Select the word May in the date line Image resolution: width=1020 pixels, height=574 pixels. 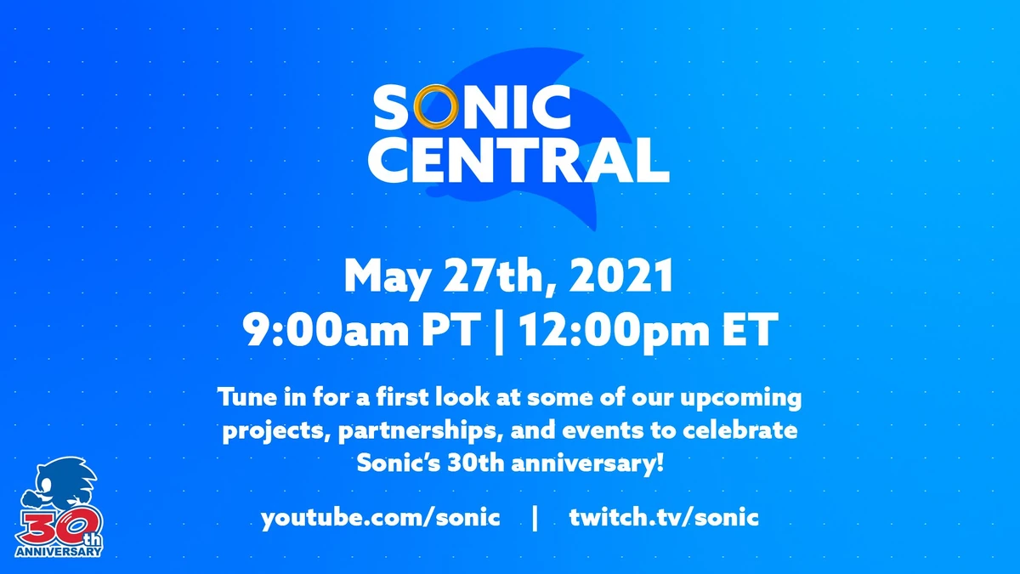382,276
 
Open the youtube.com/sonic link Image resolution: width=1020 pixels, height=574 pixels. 380,518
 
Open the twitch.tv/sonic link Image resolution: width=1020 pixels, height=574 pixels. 664,518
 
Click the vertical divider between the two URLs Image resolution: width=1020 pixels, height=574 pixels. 534,518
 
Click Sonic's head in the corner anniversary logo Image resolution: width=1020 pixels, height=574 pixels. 64,485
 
